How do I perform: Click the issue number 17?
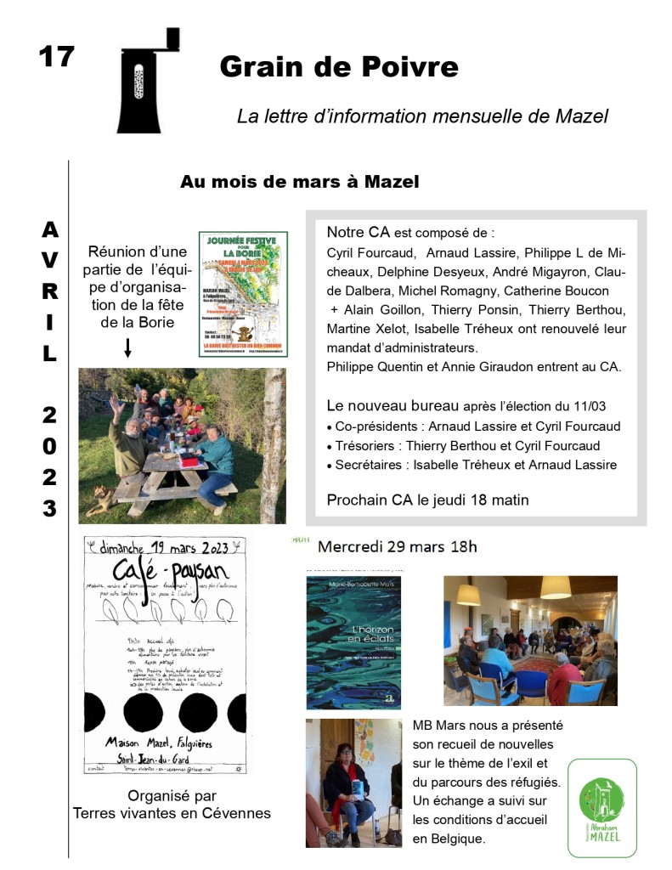point(57,57)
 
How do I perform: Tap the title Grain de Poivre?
point(338,65)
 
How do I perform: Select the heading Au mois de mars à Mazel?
point(299,182)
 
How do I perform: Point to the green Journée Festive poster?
point(243,294)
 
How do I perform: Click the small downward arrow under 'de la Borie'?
point(128,347)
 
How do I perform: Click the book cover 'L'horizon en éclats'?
point(353,642)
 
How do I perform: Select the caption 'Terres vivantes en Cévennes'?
point(172,813)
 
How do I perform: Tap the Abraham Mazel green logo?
point(601,807)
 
